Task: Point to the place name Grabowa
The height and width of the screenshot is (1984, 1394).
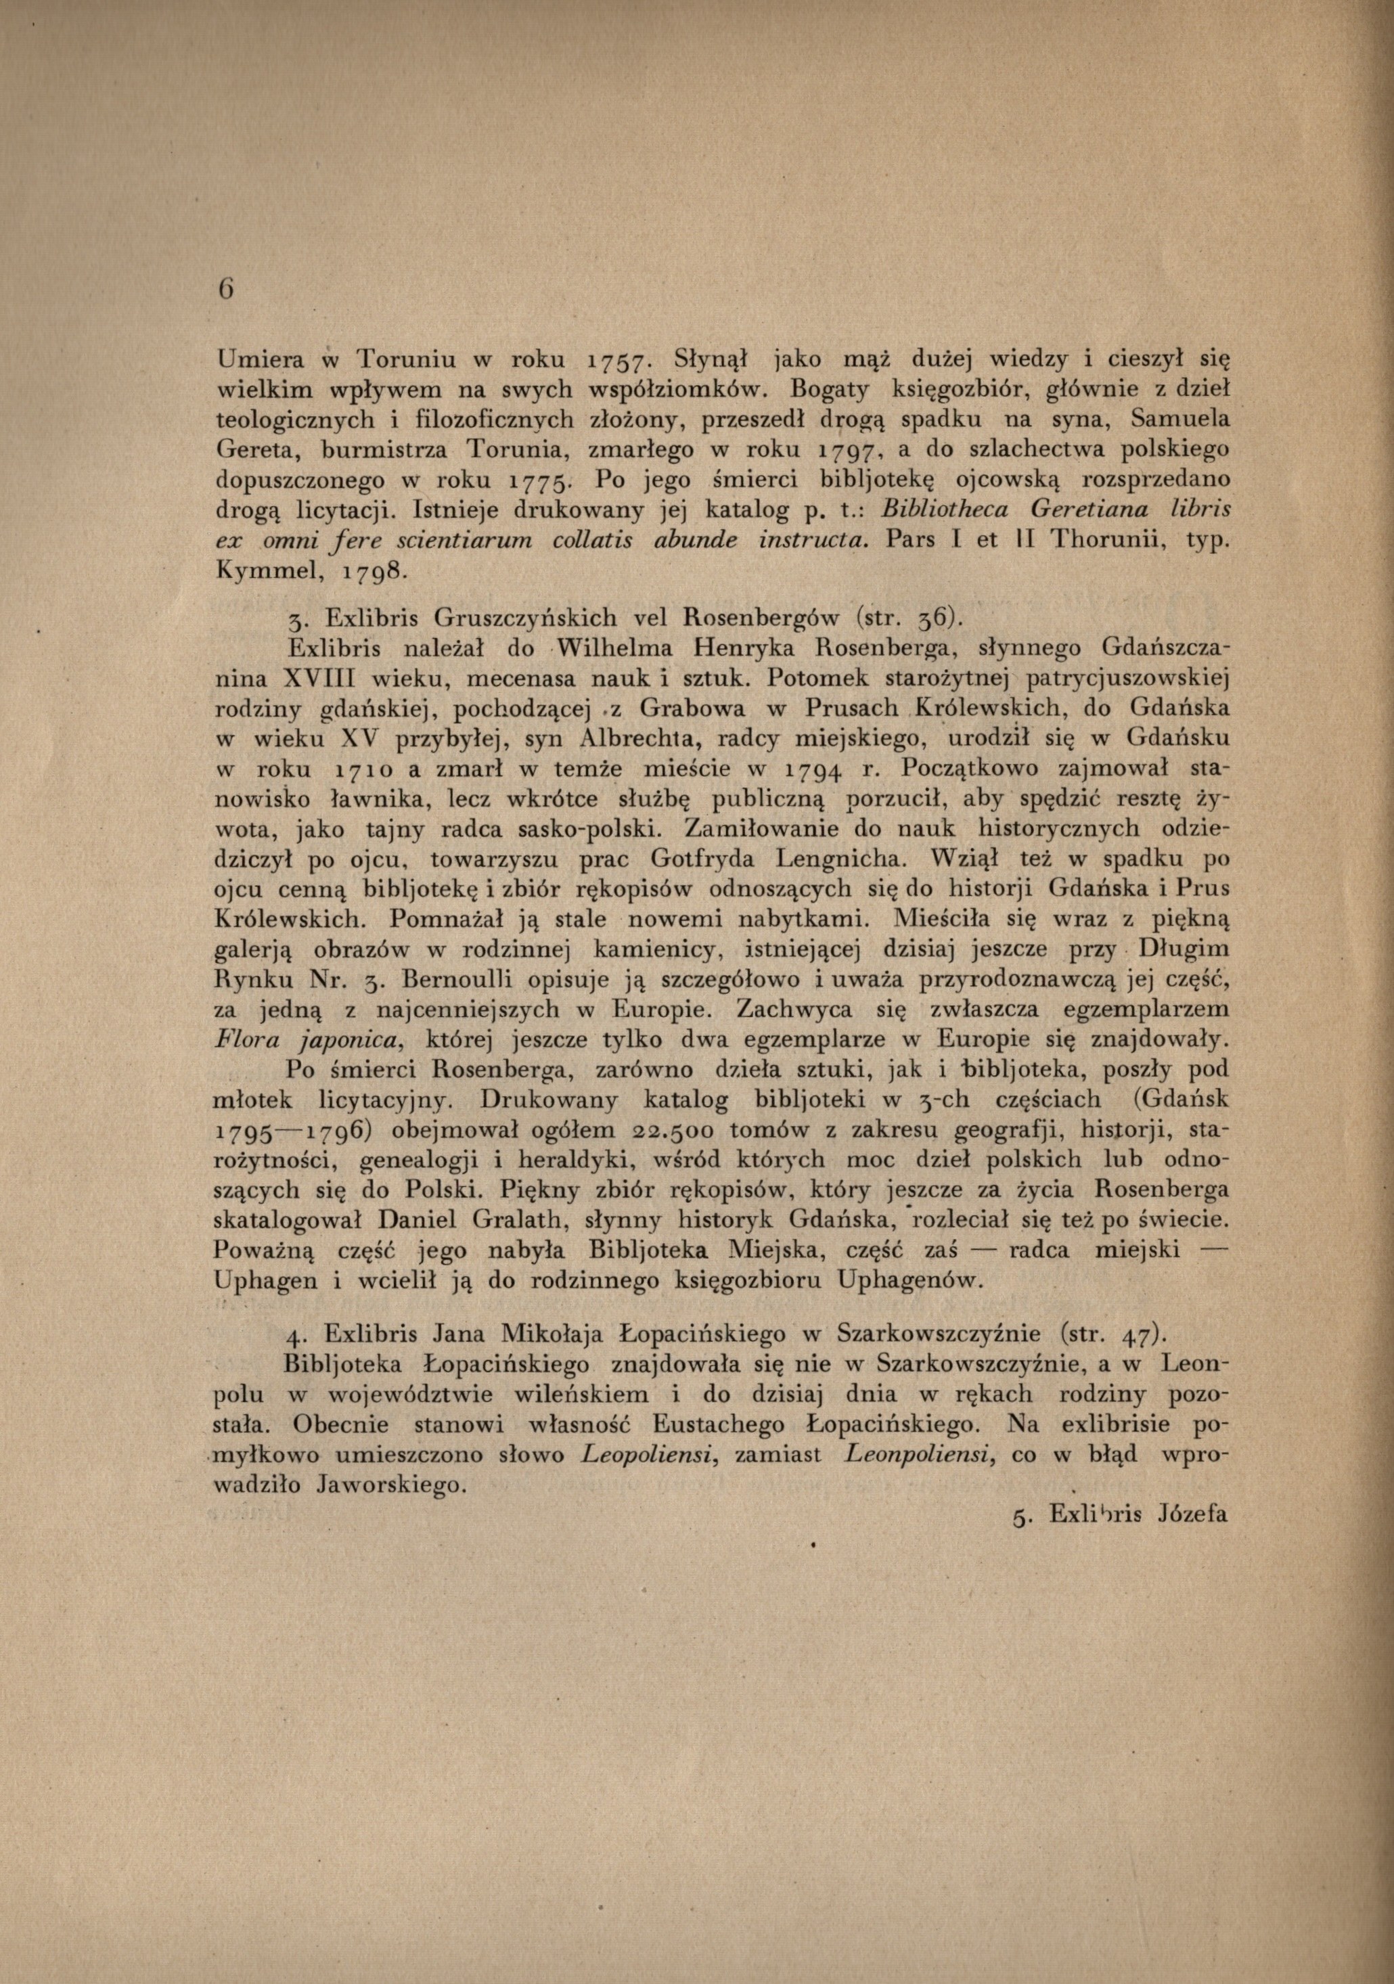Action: click(679, 708)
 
